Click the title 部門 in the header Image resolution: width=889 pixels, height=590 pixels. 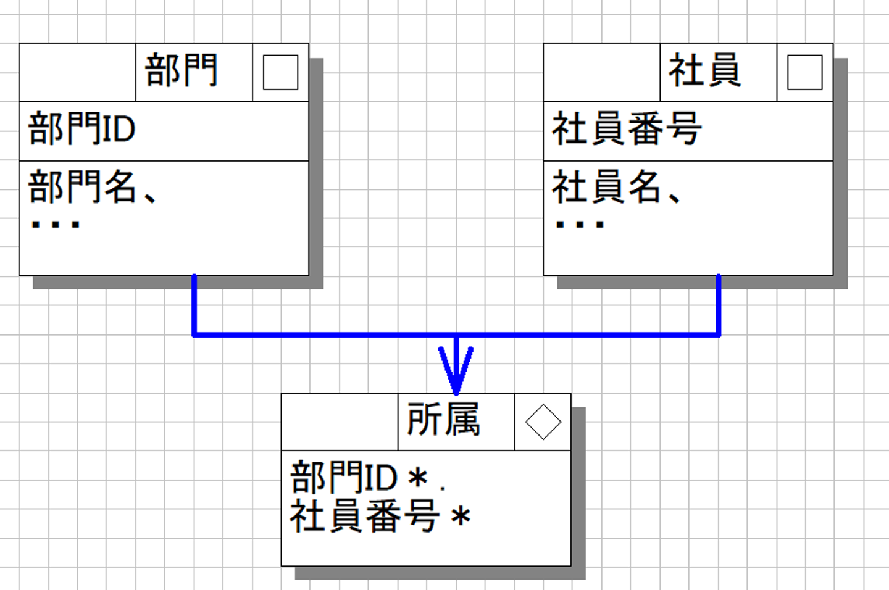coord(182,70)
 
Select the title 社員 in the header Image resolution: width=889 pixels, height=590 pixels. coord(705,70)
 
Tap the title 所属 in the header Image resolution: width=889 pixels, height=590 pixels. coord(444,420)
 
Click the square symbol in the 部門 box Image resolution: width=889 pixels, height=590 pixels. coord(280,72)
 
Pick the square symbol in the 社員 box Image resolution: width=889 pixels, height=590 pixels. coord(804,72)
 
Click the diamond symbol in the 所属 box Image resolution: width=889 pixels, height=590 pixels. coord(543,422)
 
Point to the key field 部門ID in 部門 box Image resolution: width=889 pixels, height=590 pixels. coord(81,128)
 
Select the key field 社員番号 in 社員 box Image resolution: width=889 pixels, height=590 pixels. coord(627,128)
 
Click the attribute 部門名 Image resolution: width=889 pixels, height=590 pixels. coord(82,187)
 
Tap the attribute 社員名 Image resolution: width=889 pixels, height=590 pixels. coord(606,187)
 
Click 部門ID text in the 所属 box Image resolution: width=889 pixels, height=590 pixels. coord(344,477)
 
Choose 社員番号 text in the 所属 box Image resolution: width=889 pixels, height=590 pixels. coord(365,516)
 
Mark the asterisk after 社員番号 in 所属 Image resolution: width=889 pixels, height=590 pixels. coord(461,517)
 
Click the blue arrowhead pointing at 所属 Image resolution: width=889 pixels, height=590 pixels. coord(456,371)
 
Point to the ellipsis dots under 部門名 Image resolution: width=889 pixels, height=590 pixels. coord(56,225)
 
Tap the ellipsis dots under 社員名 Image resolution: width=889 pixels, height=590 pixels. coord(580,225)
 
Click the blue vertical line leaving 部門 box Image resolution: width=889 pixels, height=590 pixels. coord(194,305)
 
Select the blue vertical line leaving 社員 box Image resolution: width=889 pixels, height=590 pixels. coord(719,305)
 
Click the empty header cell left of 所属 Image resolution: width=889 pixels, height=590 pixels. coord(340,422)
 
